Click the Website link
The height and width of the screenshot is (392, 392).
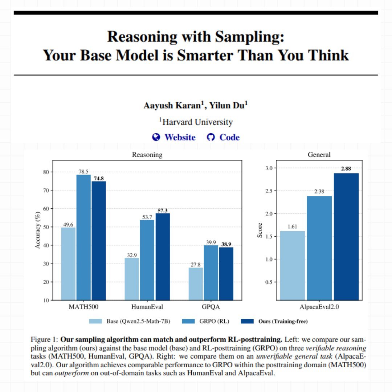point(180,138)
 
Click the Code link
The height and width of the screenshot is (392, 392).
point(229,138)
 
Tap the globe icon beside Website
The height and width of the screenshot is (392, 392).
point(156,137)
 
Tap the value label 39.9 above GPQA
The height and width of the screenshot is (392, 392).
point(211,242)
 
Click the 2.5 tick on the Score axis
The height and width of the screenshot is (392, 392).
point(269,191)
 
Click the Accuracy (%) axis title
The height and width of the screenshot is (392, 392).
point(38,231)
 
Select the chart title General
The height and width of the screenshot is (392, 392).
point(319,155)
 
